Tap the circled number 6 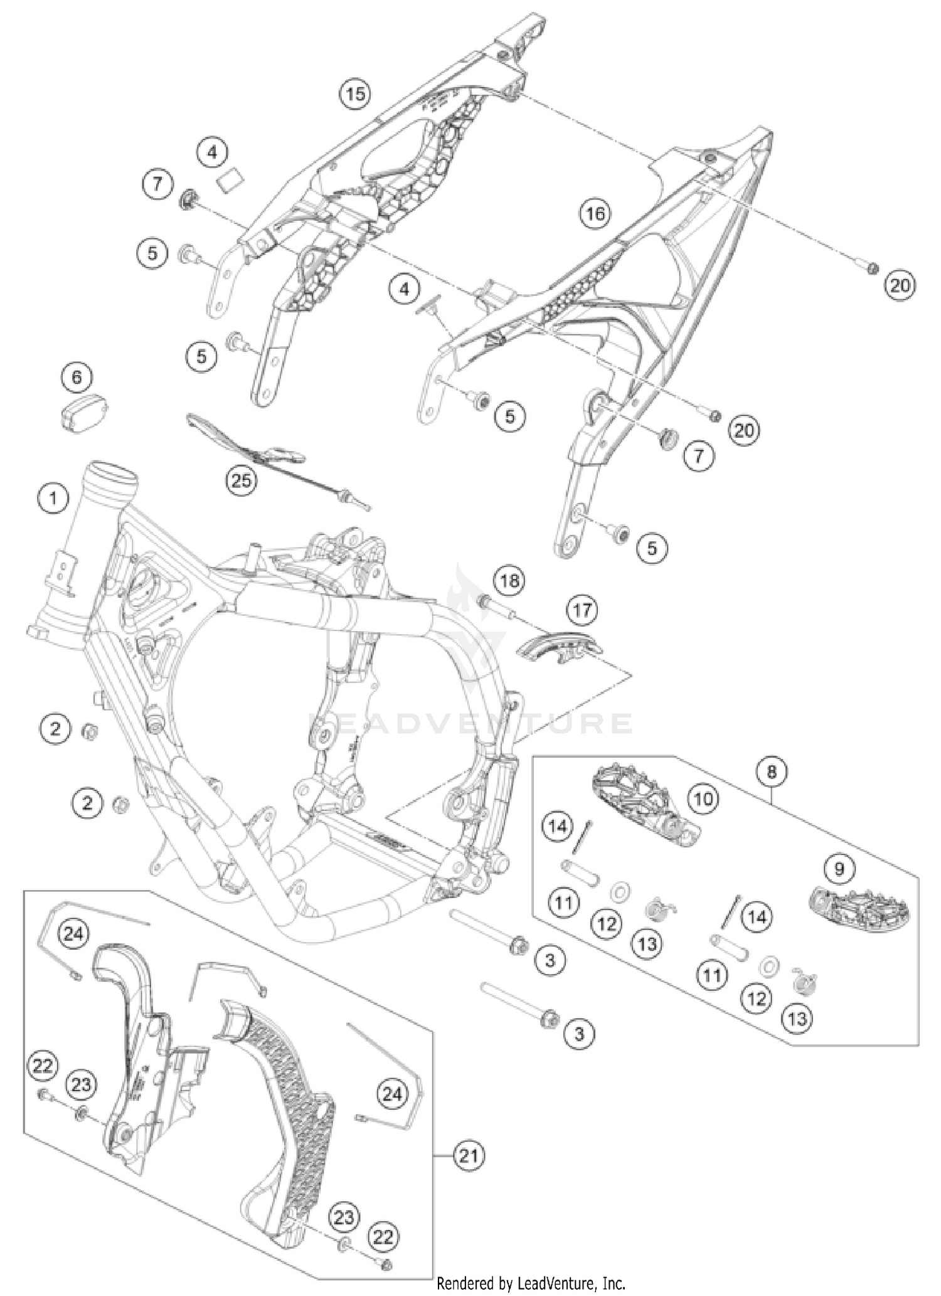[x=77, y=377]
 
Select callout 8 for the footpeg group [x=771, y=771]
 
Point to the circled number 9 [x=839, y=868]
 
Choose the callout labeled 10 [x=703, y=799]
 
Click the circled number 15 [x=355, y=93]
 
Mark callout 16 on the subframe [x=595, y=215]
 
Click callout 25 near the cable [x=242, y=481]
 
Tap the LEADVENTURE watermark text [x=470, y=723]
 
